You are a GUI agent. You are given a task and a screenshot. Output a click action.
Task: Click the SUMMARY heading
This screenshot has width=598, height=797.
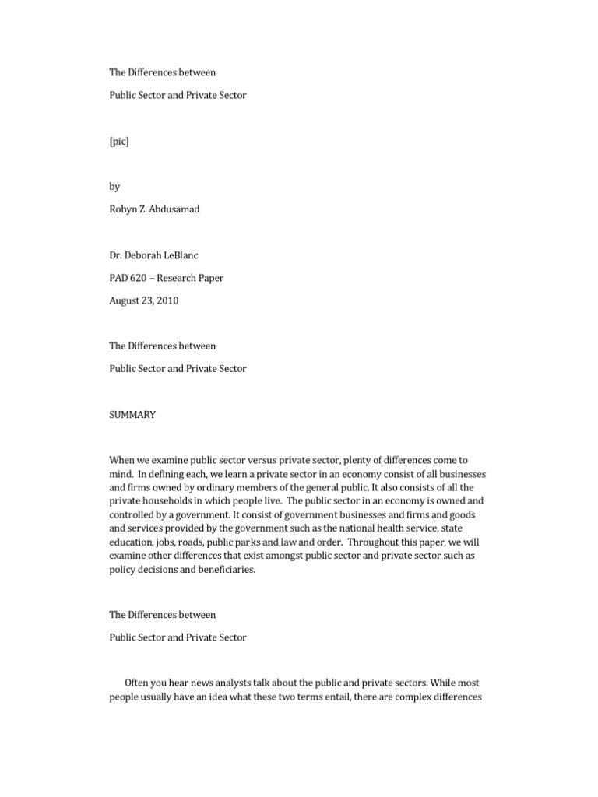pos(132,415)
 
